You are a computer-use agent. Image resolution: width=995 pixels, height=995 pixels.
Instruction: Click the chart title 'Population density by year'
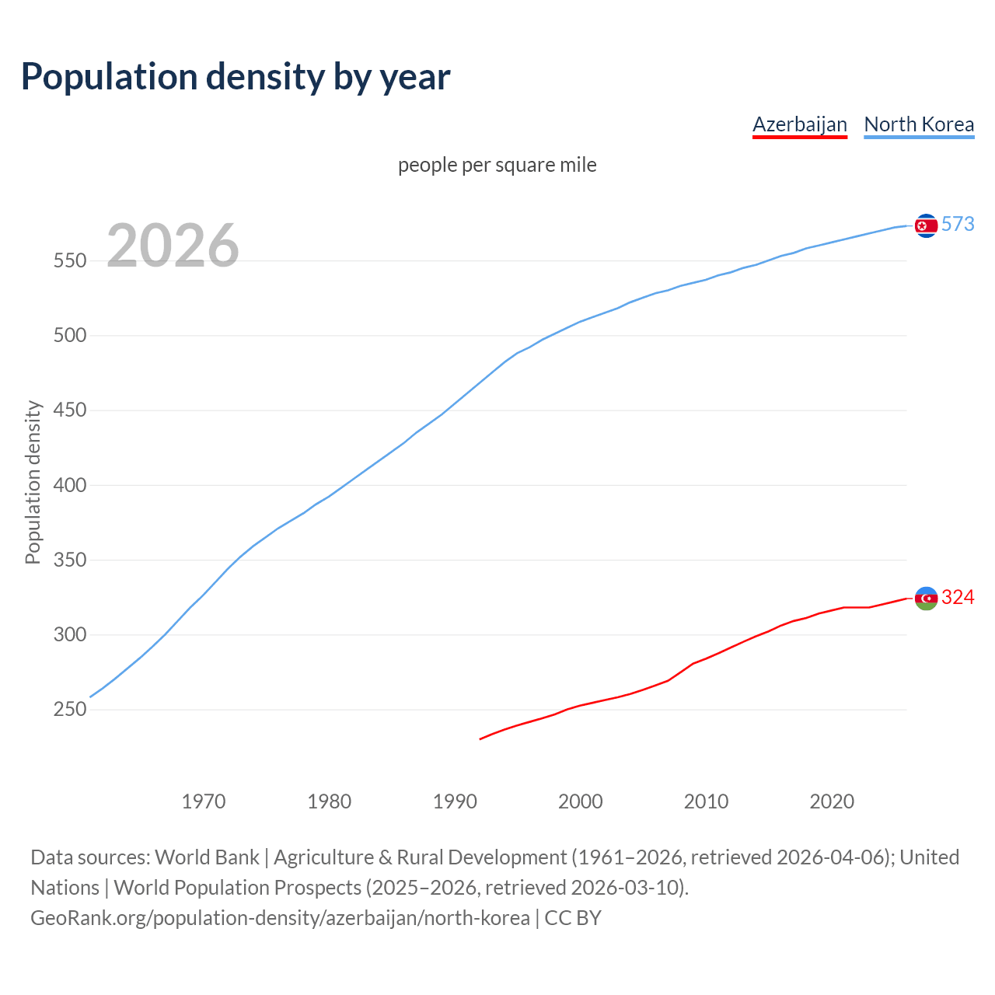(236, 76)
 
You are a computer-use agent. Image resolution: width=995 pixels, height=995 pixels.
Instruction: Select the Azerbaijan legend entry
(799, 124)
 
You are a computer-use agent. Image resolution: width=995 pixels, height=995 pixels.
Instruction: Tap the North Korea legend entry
(919, 124)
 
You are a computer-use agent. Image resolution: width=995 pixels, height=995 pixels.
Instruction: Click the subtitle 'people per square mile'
(497, 165)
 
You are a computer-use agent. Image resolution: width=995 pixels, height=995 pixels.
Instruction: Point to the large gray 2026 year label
(173, 246)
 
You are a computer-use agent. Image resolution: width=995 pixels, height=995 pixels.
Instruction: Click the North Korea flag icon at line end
(926, 225)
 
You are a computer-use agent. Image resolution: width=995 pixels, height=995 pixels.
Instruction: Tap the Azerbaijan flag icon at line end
(926, 598)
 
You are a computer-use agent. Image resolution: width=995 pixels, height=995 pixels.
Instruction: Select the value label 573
(958, 224)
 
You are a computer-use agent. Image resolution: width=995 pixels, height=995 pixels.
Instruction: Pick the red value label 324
(958, 597)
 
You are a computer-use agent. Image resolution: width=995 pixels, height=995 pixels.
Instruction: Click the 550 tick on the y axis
(70, 260)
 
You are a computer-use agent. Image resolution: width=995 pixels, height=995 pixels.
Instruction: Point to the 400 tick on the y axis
(70, 485)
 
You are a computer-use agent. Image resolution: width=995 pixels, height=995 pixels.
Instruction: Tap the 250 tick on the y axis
(70, 710)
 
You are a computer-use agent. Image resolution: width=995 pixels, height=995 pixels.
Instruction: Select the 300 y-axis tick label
(70, 634)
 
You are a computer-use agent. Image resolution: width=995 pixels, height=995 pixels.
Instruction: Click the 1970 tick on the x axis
(204, 801)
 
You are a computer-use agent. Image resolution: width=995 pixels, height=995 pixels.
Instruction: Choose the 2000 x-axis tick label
(581, 801)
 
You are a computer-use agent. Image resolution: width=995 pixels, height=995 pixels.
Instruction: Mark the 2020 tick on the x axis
(832, 801)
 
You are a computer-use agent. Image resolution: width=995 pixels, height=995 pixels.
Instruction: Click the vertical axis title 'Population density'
(33, 482)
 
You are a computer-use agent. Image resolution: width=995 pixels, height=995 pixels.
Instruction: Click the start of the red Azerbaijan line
(481, 738)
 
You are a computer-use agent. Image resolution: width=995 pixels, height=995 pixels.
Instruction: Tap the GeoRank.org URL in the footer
(280, 918)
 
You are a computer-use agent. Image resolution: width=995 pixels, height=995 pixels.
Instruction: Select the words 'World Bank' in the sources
(207, 857)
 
